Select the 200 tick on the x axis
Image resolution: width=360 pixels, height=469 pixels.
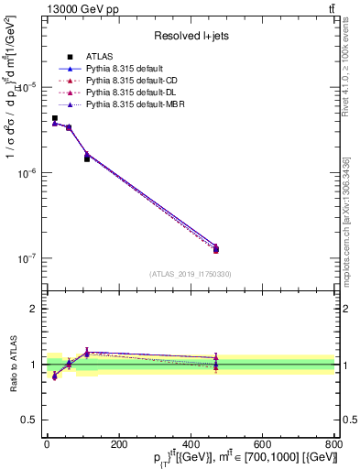(x=118, y=444)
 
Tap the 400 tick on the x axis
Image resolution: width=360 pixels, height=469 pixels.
(x=191, y=444)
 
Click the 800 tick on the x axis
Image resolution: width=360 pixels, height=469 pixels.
(x=334, y=444)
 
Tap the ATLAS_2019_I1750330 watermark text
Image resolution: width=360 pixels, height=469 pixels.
(x=191, y=273)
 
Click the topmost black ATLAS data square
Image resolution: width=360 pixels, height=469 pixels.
(x=55, y=118)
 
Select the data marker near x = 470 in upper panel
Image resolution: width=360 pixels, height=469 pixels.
(x=216, y=249)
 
